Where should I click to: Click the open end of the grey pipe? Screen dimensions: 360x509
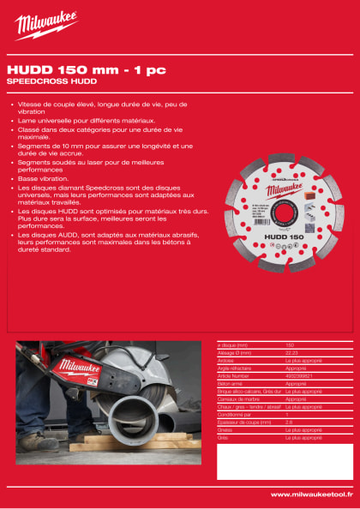tap(141, 416)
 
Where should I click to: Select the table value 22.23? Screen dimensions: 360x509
tap(291, 353)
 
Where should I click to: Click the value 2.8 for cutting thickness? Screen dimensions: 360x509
tap(289, 422)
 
